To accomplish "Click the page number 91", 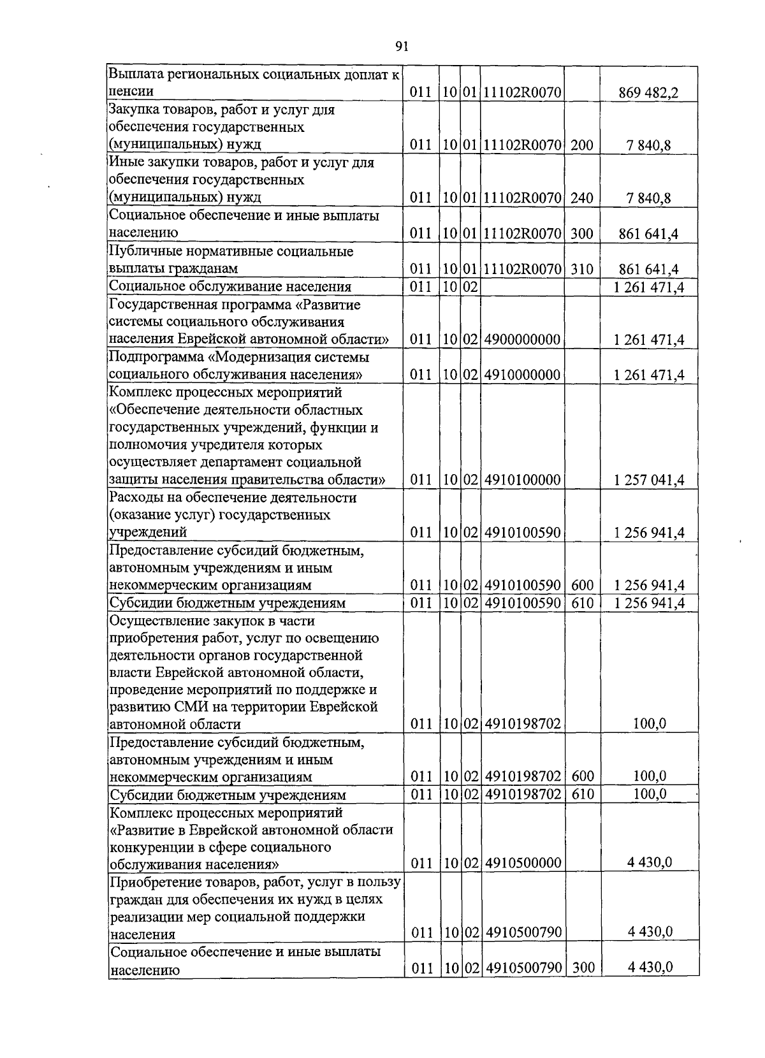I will click(x=402, y=46).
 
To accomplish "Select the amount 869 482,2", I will click(x=648, y=93).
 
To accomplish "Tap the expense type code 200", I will click(x=581, y=145).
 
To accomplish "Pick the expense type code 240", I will click(x=581, y=198).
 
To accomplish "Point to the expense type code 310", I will click(x=581, y=269).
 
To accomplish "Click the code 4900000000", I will click(x=522, y=340).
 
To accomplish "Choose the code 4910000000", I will click(x=522, y=375).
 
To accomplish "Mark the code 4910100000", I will click(x=522, y=480).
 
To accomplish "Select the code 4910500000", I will click(x=522, y=864).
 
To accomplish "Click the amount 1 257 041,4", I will click(x=649, y=480).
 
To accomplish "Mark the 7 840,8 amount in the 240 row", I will click(x=648, y=198).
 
